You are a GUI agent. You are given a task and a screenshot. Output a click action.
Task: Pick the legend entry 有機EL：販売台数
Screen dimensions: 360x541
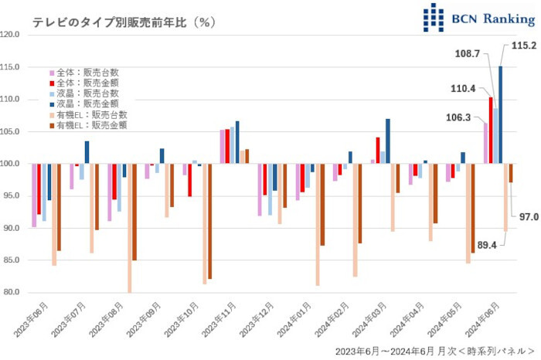click(x=90, y=114)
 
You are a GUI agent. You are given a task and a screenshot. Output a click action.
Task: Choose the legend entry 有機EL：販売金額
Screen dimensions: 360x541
click(x=90, y=124)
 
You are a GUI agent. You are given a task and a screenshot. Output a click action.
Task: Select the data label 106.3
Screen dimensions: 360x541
click(x=459, y=117)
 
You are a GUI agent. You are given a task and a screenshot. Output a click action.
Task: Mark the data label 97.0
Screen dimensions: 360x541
click(x=529, y=217)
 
